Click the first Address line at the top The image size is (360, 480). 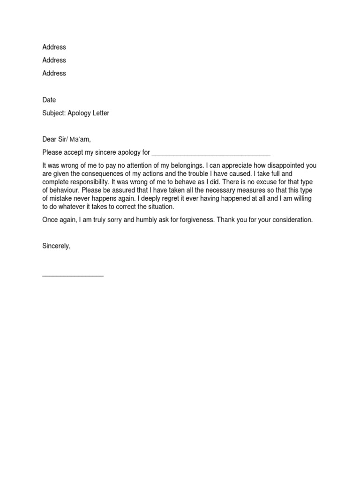tap(54, 47)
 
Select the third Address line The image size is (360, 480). tap(54, 73)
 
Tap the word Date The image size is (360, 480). tap(49, 100)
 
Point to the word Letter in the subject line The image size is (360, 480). tap(99, 113)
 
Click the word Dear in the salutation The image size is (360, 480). tap(50, 139)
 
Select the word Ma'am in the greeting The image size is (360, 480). tap(79, 139)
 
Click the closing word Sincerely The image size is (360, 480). tap(57, 246)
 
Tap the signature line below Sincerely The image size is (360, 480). tap(73, 275)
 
